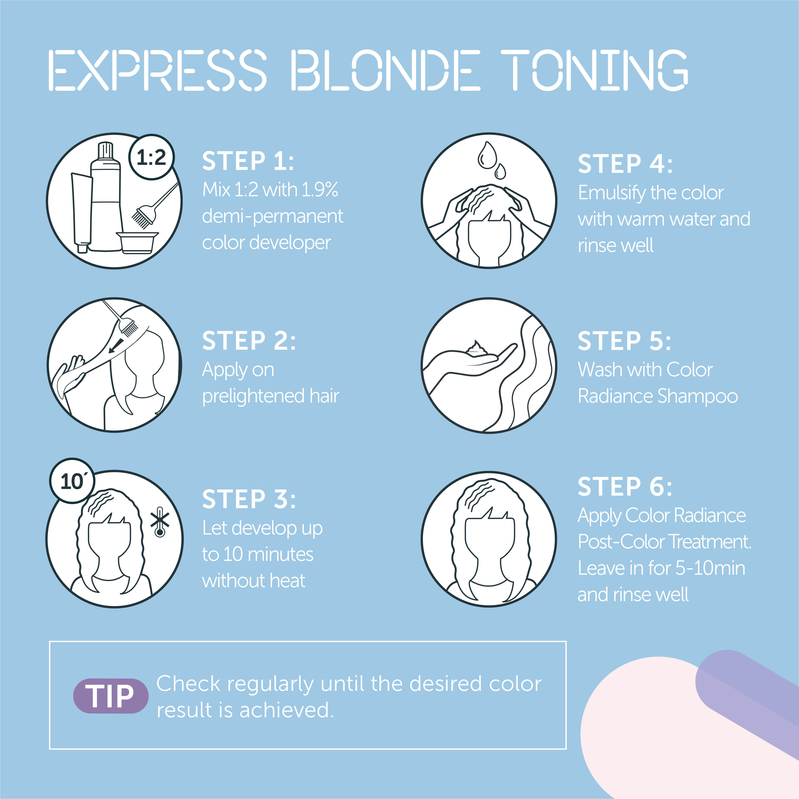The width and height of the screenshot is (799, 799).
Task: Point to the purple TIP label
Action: click(111, 696)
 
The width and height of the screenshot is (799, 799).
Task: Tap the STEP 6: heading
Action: click(625, 487)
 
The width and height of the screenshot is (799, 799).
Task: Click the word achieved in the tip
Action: click(286, 710)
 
